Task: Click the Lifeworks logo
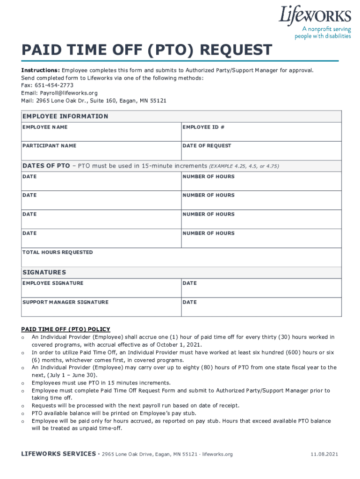[315, 15]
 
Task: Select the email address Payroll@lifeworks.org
[68, 93]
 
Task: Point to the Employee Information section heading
[65, 116]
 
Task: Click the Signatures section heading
[44, 272]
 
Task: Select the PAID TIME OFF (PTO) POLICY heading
[65, 329]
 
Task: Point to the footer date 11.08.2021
[324, 454]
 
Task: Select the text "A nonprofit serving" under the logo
[323, 29]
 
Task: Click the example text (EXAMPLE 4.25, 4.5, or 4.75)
[244, 166]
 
